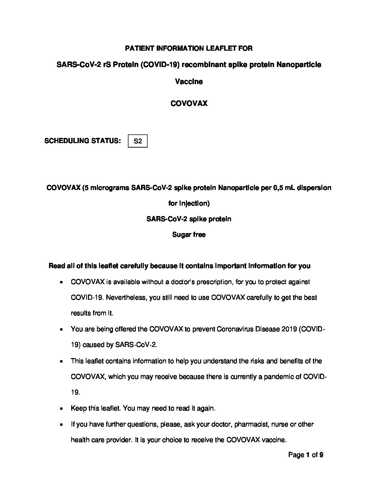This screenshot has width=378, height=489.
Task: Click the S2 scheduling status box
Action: (138, 141)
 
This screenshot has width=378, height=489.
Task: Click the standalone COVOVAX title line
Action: (189, 103)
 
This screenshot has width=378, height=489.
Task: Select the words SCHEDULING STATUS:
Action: (83, 141)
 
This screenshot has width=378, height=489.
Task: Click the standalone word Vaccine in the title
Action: (189, 82)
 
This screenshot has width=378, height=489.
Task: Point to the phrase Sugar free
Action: (189, 235)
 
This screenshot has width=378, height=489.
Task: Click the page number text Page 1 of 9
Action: (306, 455)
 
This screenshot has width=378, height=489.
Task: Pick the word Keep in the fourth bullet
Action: (79, 408)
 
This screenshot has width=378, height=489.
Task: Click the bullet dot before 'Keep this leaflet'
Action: (61, 409)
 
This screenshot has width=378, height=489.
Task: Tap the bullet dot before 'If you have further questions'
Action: (61, 425)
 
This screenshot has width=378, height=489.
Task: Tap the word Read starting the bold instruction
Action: (57, 266)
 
